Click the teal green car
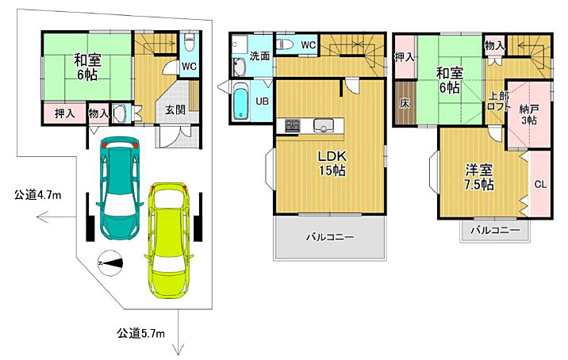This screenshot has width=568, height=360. (120, 188)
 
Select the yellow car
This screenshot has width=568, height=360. (169, 240)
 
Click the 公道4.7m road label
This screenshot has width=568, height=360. (37, 196)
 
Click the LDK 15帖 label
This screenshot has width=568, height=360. (332, 163)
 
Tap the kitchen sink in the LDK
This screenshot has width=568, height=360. (322, 125)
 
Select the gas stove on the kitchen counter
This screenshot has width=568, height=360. (293, 125)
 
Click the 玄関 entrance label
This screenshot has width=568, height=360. (175, 109)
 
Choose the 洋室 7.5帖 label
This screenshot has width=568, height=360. (478, 177)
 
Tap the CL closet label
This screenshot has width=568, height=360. (540, 184)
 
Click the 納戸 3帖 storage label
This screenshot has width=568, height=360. (529, 115)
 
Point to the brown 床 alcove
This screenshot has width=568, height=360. (405, 104)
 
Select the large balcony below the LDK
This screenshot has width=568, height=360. (330, 237)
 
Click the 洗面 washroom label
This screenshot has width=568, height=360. (259, 56)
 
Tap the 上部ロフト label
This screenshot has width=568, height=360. (498, 101)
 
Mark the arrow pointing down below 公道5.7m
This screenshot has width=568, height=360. (178, 332)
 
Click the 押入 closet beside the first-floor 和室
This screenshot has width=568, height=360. (65, 113)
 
